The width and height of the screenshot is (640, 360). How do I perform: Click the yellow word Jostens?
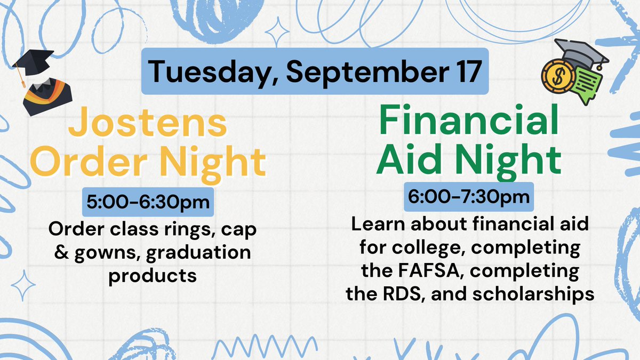click(x=148, y=123)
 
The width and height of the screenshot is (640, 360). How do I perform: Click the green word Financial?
click(x=468, y=121)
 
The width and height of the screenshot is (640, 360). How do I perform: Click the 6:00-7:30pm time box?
click(x=469, y=196)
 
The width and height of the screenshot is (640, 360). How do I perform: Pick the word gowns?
click(x=100, y=253)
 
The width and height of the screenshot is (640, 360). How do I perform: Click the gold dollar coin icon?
click(x=557, y=75)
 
